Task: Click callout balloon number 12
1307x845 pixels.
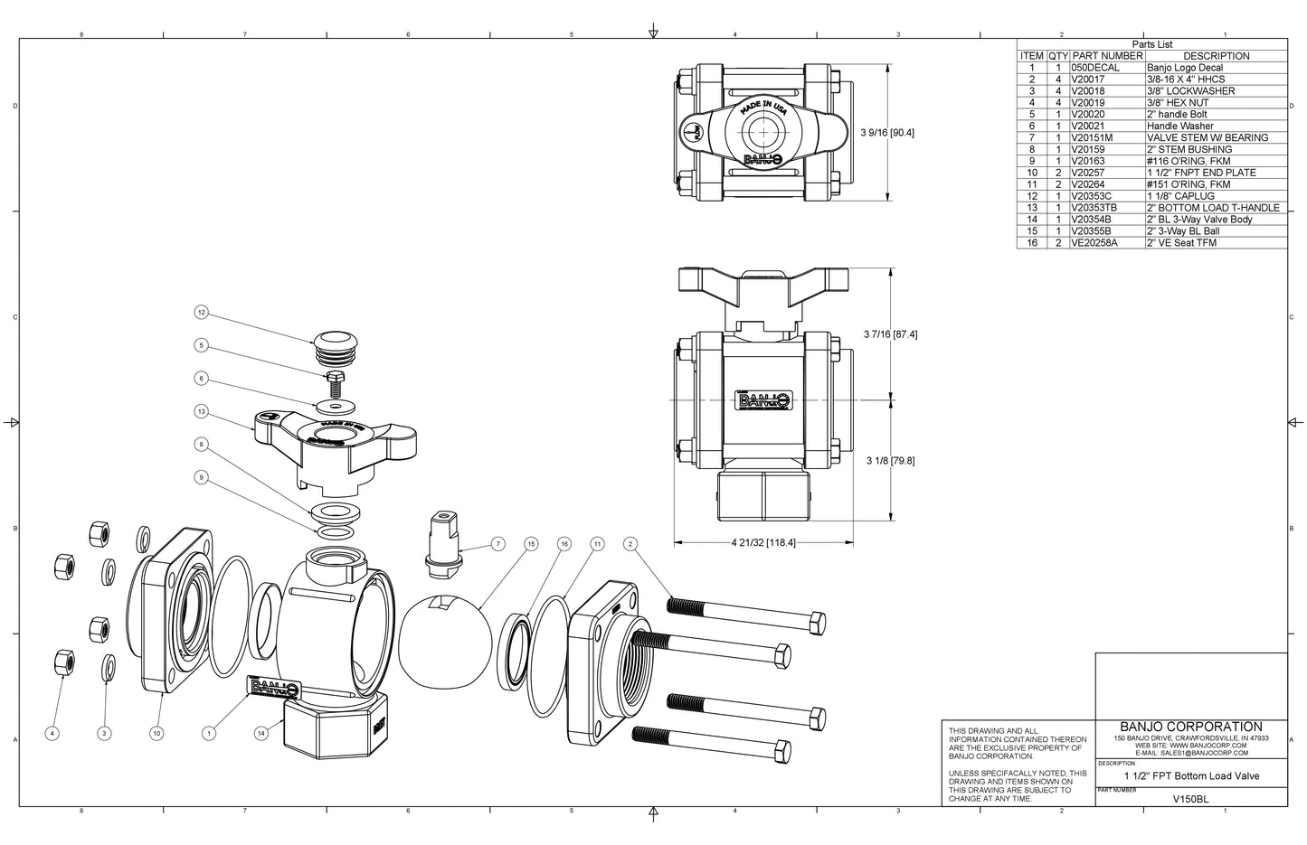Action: click(x=201, y=313)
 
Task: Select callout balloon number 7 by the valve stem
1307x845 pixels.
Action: click(x=497, y=544)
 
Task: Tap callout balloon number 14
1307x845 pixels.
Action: click(x=262, y=733)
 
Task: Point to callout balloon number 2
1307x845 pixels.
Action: click(x=630, y=544)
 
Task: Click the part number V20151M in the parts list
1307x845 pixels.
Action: click(x=1094, y=137)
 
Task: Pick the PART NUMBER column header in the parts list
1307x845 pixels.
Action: click(x=1107, y=56)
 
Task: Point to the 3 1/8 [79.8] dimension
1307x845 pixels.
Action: click(x=890, y=460)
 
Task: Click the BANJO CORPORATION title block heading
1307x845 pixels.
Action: click(x=1190, y=727)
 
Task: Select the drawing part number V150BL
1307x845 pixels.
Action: click(x=1190, y=799)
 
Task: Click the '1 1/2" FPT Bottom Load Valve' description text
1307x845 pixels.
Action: click(x=1190, y=776)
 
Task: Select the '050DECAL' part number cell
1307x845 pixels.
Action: click(x=1095, y=68)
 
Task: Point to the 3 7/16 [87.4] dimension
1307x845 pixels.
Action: click(x=890, y=334)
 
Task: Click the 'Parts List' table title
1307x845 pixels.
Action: click(x=1151, y=44)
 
